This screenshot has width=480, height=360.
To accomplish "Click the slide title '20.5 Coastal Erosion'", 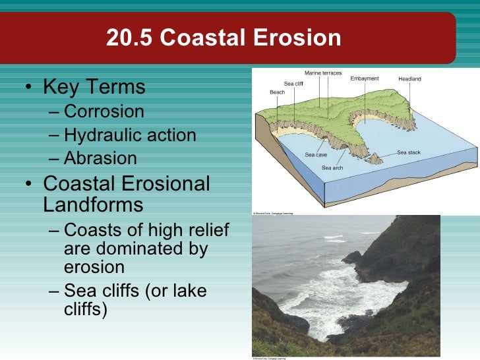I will coord(224,38).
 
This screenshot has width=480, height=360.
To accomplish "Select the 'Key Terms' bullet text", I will coord(94,87).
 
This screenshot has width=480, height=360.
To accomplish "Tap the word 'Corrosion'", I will coord(104,111).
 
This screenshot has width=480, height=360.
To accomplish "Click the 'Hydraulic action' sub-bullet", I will coord(130,135).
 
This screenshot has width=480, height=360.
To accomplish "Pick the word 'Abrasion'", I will coord(100,158).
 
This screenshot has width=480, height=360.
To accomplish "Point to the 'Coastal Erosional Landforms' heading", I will coord(126,194).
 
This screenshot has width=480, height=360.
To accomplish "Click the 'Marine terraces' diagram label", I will coord(323,73).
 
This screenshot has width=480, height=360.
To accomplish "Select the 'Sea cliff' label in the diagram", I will coord(293,84).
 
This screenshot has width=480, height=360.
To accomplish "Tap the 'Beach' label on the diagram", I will coord(277,92).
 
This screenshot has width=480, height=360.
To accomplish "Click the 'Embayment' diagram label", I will coord(364,78).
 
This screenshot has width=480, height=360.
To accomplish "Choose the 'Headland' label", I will coord(409,79).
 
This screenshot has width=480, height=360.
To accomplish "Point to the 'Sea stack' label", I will coord(408,152).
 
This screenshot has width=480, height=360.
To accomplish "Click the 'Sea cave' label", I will coord(316,155).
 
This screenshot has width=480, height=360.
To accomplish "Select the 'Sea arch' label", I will coord(332,168).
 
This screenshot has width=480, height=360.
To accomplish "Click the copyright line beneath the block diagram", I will coord(273,213).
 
